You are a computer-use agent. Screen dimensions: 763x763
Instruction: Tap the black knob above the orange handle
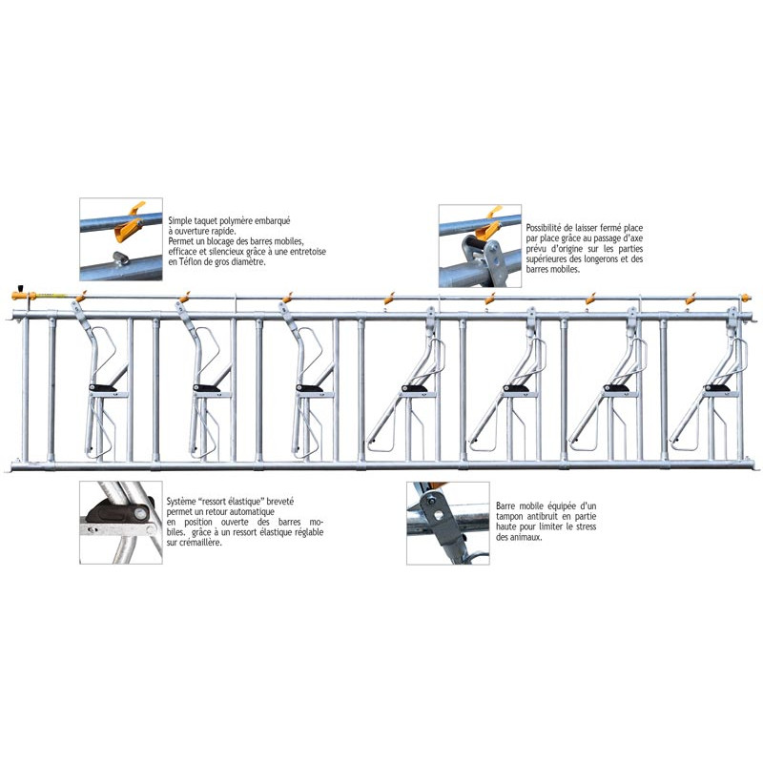click(20, 285)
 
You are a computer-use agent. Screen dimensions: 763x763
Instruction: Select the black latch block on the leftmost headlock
click(102, 387)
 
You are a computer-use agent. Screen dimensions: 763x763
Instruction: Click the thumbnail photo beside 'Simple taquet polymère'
click(120, 239)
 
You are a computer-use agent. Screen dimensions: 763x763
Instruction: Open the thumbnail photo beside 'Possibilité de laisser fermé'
click(480, 245)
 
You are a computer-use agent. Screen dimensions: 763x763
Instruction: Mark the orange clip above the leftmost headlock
click(83, 294)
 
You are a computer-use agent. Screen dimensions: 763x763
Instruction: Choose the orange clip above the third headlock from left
click(285, 297)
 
